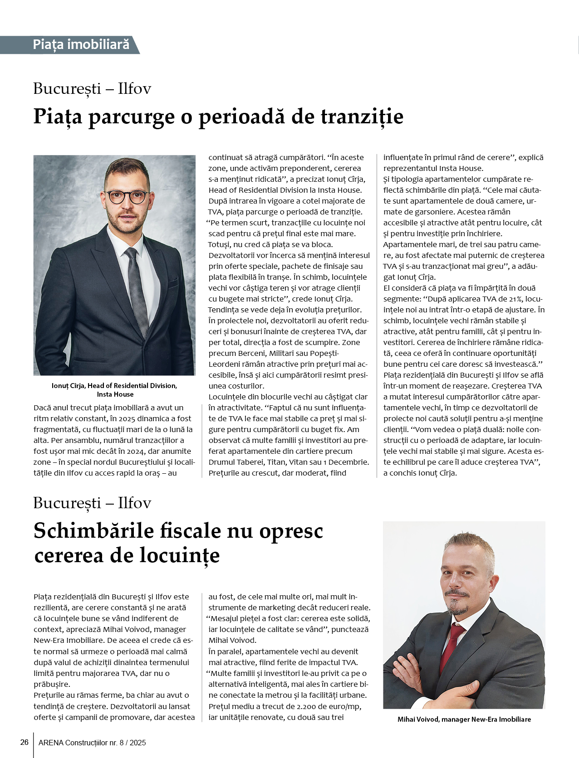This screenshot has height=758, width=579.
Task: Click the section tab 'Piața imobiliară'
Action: [x=81, y=44]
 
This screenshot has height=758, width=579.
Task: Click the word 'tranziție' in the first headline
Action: [x=362, y=117]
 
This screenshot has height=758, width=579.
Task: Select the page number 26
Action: [x=25, y=742]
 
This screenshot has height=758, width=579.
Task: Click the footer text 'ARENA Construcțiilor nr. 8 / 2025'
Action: [x=92, y=743]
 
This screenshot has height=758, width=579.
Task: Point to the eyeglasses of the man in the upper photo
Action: [x=127, y=197]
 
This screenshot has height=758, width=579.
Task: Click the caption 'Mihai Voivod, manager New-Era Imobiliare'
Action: [x=464, y=719]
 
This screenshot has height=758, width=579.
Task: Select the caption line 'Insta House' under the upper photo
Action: [x=115, y=394]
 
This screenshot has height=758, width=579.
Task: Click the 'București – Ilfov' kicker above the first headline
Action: [x=92, y=88]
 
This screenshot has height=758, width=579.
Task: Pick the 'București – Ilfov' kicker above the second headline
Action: [x=92, y=503]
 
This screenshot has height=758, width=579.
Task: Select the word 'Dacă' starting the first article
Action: [x=43, y=408]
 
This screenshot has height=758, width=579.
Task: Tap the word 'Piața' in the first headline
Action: [x=58, y=117]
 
